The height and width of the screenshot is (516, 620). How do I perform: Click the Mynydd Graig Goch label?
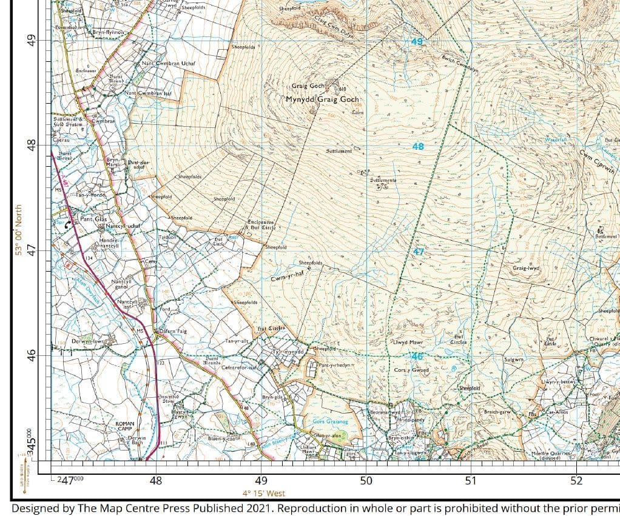[323, 99]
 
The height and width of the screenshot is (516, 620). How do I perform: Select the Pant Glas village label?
[93, 219]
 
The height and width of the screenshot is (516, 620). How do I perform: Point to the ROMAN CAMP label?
[128, 426]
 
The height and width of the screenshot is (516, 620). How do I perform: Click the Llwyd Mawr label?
[408, 343]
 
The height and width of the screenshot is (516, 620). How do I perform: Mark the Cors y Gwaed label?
[411, 370]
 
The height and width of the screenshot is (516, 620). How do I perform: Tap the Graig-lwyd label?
[527, 267]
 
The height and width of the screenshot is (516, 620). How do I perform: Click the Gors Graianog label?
[329, 421]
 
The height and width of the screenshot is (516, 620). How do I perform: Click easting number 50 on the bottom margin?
[366, 481]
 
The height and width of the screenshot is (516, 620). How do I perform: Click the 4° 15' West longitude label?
[263, 494]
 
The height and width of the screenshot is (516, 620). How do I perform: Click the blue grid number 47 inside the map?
[418, 252]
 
